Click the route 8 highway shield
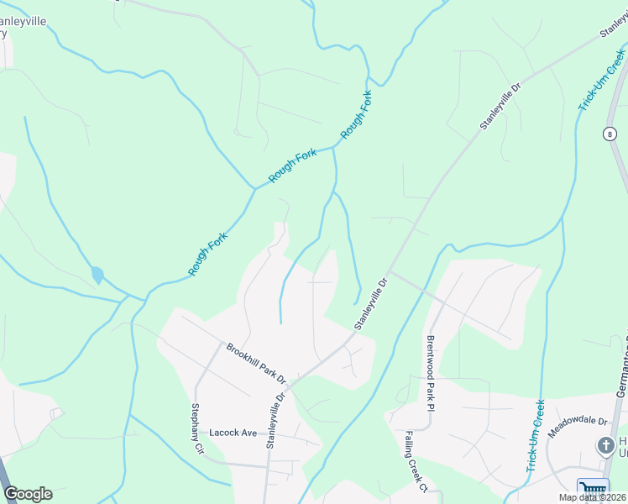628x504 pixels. pyautogui.click(x=609, y=134)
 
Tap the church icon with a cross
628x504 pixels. pyautogui.click(x=605, y=445)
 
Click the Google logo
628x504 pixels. pyautogui.click(x=28, y=494)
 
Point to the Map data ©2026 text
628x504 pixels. pyautogui.click(x=592, y=497)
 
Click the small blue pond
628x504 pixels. pyautogui.click(x=97, y=275)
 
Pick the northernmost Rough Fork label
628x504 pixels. pyautogui.click(x=356, y=115)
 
